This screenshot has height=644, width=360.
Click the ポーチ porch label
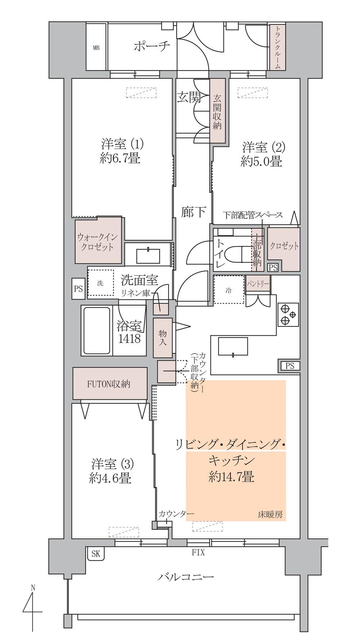152,46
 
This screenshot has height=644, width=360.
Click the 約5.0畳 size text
261,161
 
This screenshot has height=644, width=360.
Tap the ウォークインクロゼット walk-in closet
98,242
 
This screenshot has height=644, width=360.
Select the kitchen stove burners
288,314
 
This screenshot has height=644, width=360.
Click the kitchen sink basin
233,347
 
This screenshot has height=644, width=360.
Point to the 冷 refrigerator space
229,291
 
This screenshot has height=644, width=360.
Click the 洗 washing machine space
101,283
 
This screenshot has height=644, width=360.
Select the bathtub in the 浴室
96,331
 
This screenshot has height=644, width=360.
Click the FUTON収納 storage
110,384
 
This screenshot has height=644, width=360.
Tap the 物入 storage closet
162,338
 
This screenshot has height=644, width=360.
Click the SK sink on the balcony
96,554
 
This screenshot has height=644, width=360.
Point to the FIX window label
198,552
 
